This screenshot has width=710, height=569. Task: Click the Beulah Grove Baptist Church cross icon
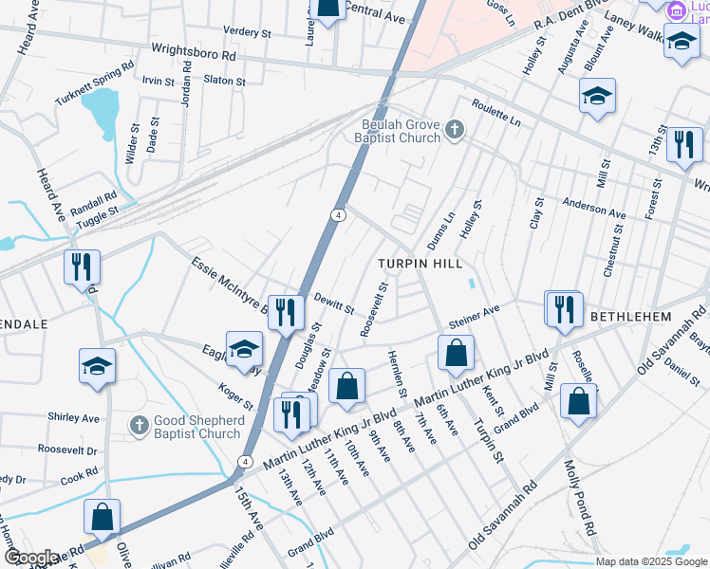[x=455, y=129]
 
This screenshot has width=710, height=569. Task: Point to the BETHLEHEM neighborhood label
[x=631, y=316]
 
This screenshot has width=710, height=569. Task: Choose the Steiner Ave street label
[x=475, y=318]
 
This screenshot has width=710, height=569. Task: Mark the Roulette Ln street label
[x=496, y=111]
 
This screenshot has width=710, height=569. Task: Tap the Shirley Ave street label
[x=73, y=417]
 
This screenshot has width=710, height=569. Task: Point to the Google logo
[x=29, y=558]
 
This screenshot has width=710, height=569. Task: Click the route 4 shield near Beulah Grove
[x=338, y=216]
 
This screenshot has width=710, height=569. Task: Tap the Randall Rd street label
[x=93, y=202]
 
